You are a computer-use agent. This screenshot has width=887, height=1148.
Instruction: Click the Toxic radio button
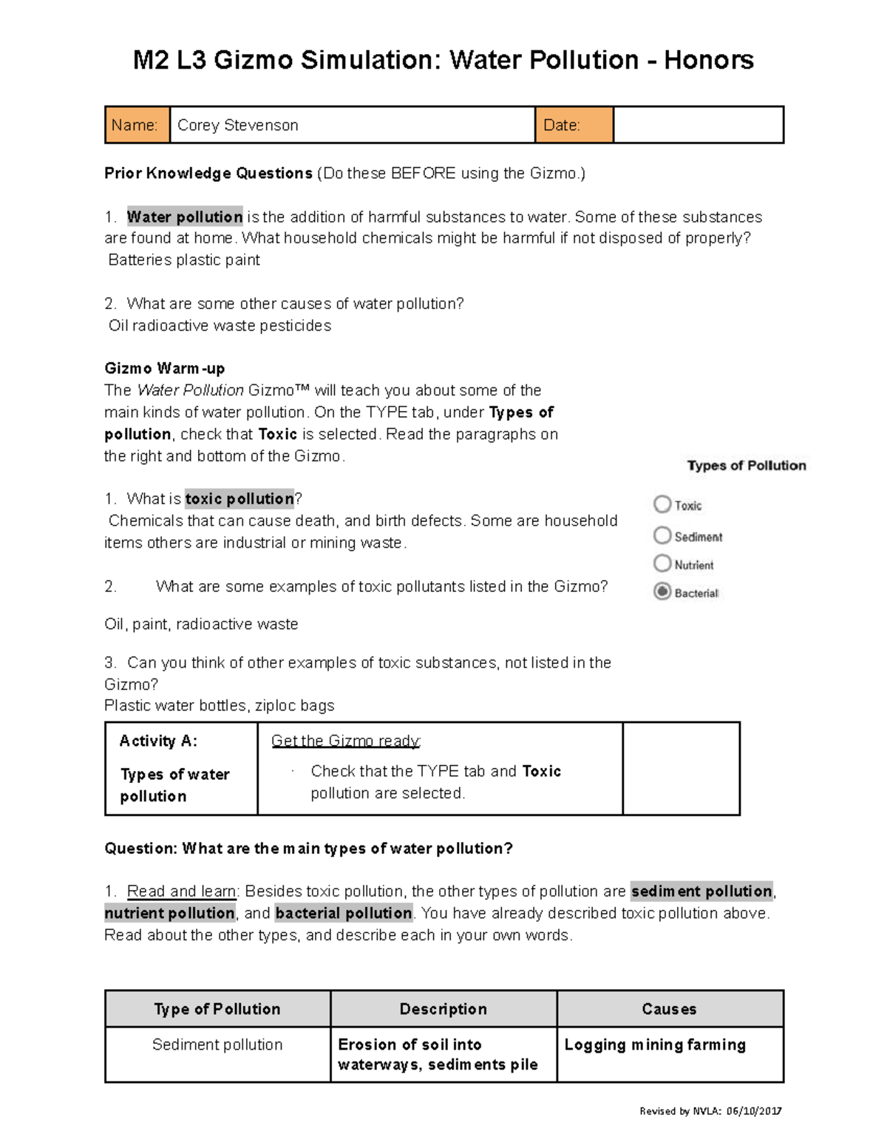pyautogui.click(x=662, y=504)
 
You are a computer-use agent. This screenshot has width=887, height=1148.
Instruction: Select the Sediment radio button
pyautogui.click(x=662, y=535)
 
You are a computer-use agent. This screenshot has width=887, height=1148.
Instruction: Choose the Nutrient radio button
pyautogui.click(x=662, y=564)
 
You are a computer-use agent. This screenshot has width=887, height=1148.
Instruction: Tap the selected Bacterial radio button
pyautogui.click(x=662, y=592)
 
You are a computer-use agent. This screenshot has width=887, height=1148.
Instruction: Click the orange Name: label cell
pyautogui.click(x=137, y=125)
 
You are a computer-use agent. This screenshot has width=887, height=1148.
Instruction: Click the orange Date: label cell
pyautogui.click(x=574, y=125)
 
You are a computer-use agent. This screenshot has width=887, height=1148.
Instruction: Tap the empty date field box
pyautogui.click(x=698, y=125)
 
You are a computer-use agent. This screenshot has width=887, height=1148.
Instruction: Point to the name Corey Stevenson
pyautogui.click(x=238, y=126)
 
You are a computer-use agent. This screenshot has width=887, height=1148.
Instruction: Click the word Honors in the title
pyautogui.click(x=708, y=60)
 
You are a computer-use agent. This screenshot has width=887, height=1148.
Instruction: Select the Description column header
pyautogui.click(x=443, y=1009)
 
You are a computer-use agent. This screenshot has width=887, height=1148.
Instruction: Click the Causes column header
pyautogui.click(x=669, y=1009)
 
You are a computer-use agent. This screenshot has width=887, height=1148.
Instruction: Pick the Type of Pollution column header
pyautogui.click(x=217, y=1009)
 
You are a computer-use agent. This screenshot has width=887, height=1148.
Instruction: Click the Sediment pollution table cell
pyautogui.click(x=217, y=1045)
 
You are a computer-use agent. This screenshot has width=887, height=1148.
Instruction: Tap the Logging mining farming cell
pyautogui.click(x=655, y=1045)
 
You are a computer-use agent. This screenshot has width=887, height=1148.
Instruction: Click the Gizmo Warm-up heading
pyautogui.click(x=165, y=368)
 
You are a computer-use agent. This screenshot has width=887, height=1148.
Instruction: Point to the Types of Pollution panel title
pyautogui.click(x=747, y=466)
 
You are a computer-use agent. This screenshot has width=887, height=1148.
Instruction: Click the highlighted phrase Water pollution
pyautogui.click(x=185, y=217)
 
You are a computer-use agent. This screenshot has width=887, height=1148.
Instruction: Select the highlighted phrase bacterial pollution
pyautogui.click(x=344, y=913)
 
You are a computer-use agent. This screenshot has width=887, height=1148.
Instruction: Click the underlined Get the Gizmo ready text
pyautogui.click(x=346, y=741)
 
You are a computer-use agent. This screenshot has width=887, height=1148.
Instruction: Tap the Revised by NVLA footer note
pyautogui.click(x=710, y=1111)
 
